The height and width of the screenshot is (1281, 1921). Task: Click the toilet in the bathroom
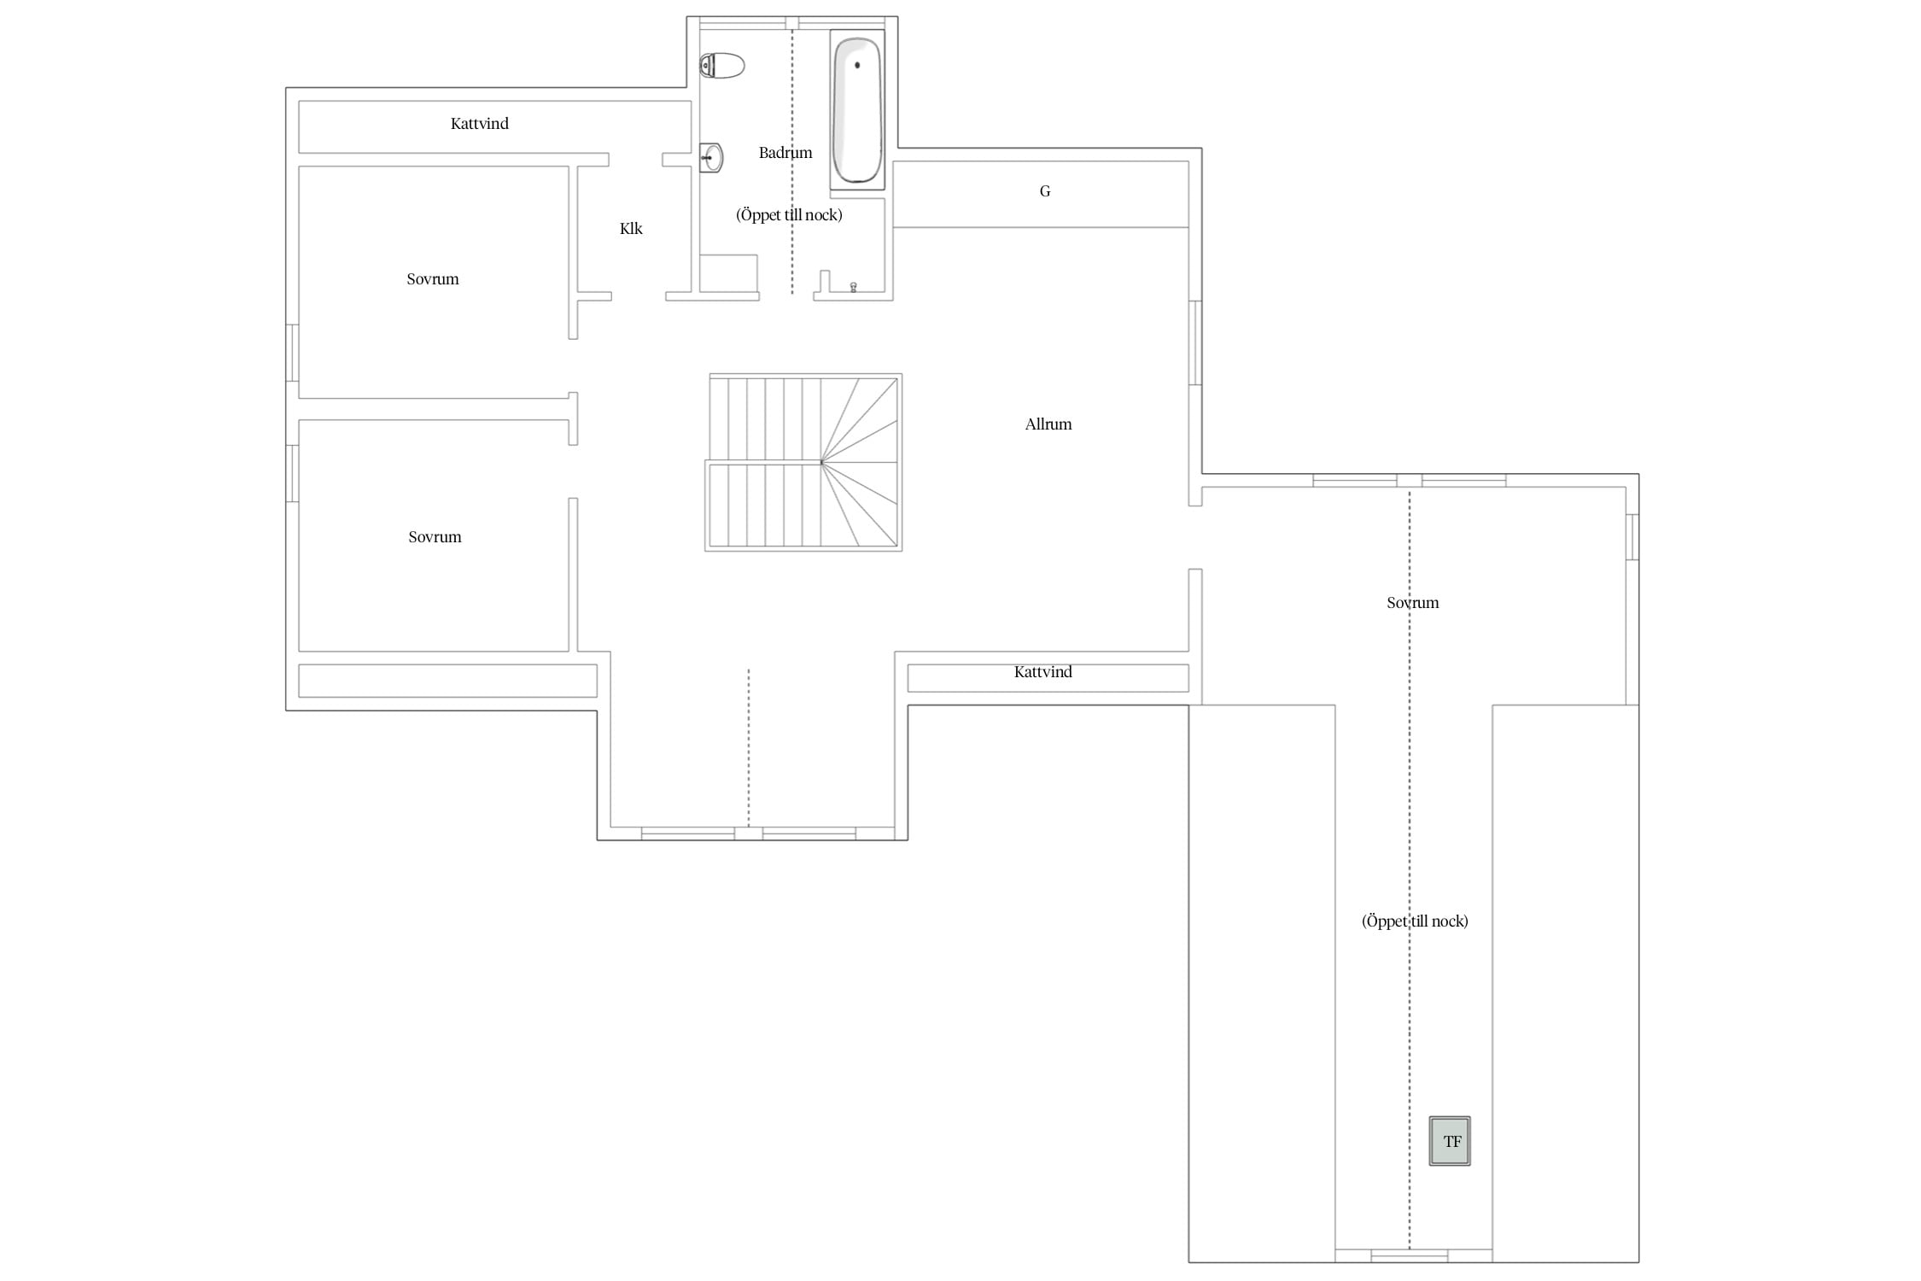[722, 66]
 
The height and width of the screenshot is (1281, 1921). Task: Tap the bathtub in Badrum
[857, 109]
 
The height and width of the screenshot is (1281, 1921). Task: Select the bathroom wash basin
[711, 158]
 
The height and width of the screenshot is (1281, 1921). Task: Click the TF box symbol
[1450, 1141]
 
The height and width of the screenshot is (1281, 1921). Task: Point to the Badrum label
[785, 153]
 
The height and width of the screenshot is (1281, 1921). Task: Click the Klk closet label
[631, 228]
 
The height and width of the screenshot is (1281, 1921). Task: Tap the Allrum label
[1048, 424]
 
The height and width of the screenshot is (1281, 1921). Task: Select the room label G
[1045, 191]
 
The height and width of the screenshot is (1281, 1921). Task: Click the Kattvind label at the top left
[479, 124]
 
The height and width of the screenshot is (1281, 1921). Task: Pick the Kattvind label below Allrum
[1042, 672]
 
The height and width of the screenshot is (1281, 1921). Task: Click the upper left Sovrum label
[433, 279]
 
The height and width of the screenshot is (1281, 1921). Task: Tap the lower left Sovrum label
[435, 537]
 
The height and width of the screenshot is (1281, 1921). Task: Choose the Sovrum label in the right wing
[1413, 603]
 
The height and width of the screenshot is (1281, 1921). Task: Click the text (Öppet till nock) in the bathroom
[789, 215]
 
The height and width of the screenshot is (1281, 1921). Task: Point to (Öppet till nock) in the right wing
[1415, 921]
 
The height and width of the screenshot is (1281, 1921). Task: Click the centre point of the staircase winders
[821, 462]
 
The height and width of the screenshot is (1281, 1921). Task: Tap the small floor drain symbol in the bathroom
[853, 287]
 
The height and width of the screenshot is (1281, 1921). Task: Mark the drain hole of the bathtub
[857, 65]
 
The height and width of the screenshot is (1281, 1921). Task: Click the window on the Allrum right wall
[1195, 342]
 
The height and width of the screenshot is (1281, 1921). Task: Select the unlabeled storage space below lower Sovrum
[447, 681]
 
